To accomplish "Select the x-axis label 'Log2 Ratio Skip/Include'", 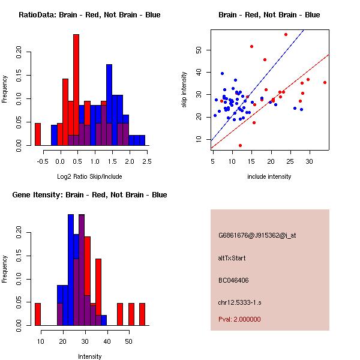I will pos(89,176).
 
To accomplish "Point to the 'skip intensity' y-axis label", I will pos(185,90).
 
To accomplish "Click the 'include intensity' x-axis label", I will pos(269,176).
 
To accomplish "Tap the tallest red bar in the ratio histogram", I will pos(76,90).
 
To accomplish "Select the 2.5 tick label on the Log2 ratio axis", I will pos(146,161).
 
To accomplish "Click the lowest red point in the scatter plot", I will pos(240,145).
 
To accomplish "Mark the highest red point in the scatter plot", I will pos(286,34).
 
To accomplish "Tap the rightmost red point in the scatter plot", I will pos(325,82).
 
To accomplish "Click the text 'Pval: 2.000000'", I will pos(240,319).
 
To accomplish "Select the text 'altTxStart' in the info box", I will pos(232,258).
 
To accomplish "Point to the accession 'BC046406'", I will pos(234,280).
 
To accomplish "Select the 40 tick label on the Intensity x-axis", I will pos(107,341).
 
